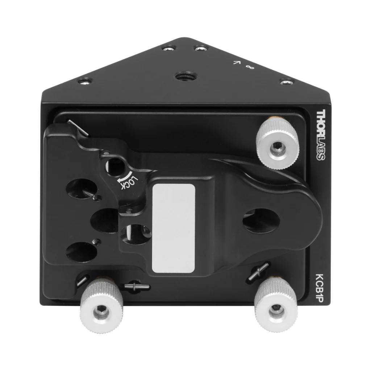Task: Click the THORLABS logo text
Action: pyautogui.click(x=321, y=135)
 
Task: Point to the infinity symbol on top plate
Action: pyautogui.click(x=250, y=67)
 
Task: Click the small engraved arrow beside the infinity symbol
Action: pyautogui.click(x=236, y=62)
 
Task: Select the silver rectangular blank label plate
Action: pyautogui.click(x=174, y=228)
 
